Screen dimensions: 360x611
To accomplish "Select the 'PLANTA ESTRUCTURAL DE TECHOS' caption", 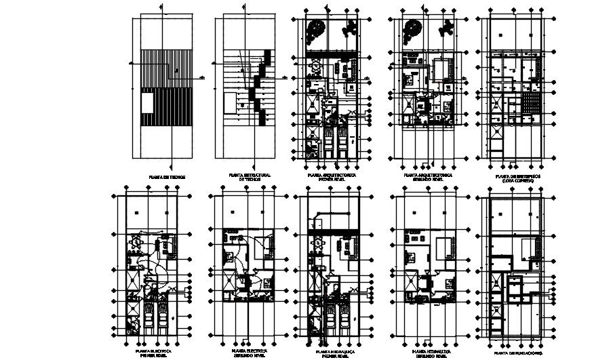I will [x=250, y=177].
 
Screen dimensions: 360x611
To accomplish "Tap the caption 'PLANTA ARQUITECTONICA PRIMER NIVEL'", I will [x=332, y=177].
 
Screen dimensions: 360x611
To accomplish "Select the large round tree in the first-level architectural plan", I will [x=315, y=31].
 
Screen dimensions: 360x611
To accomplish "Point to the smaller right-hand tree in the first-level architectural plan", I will [x=350, y=28].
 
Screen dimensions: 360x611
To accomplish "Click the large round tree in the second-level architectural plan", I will [x=412, y=31].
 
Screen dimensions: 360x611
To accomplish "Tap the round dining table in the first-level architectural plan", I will [x=316, y=68].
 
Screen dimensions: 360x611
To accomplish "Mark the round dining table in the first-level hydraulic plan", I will [x=317, y=242].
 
